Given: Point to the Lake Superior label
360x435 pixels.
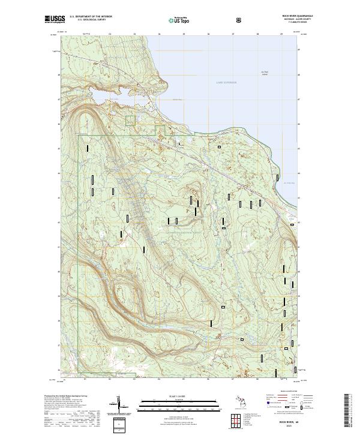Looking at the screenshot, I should click(x=227, y=82).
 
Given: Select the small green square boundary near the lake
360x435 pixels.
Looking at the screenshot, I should click(x=130, y=121).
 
